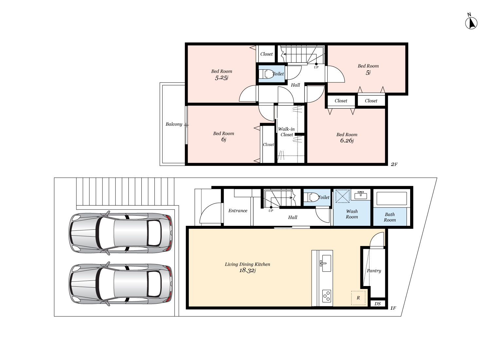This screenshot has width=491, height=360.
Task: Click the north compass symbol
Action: pyautogui.click(x=471, y=23)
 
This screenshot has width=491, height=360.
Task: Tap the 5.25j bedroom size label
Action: pyautogui.click(x=222, y=78)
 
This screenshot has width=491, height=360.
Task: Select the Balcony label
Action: pyautogui.click(x=174, y=124)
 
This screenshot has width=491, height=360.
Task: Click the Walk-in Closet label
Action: pyautogui.click(x=286, y=132)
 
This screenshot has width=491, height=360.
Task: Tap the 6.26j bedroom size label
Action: pyautogui.click(x=347, y=141)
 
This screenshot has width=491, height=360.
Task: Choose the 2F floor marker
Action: pyautogui.click(x=394, y=164)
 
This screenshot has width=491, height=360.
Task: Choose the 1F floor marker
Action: pyautogui.click(x=393, y=308)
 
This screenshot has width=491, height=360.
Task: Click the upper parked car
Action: pyautogui.click(x=120, y=233)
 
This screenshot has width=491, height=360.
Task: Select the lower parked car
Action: pyautogui.click(x=120, y=284)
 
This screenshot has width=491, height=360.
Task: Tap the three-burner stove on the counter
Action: pyautogui.click(x=326, y=296)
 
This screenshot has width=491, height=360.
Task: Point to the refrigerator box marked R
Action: pyautogui.click(x=358, y=298)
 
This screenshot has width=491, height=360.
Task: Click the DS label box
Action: pyautogui.click(x=377, y=304)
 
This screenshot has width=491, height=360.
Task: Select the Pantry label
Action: pyautogui.click(x=374, y=271)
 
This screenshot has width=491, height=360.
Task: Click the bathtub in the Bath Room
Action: pyautogui.click(x=391, y=198)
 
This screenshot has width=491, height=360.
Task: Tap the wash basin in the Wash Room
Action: pyautogui.click(x=361, y=195)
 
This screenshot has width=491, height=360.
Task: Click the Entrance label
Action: pyautogui.click(x=238, y=211)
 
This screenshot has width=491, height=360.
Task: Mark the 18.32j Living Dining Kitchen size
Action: pyautogui.click(x=247, y=271)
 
